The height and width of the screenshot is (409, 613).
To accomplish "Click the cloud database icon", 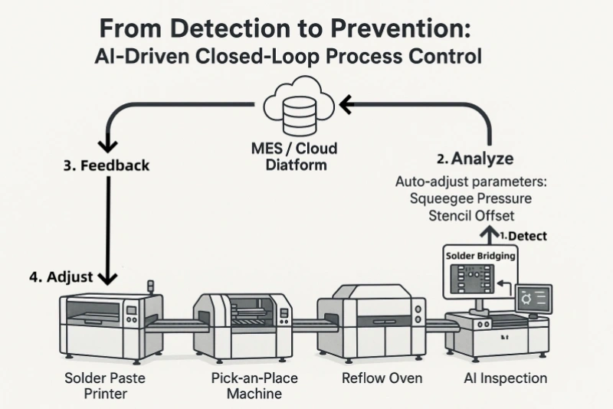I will (x=299, y=106).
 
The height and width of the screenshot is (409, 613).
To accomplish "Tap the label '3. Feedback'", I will (x=107, y=165).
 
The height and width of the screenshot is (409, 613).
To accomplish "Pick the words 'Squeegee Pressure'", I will (x=470, y=198).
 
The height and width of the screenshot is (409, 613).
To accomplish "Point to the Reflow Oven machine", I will (x=377, y=321).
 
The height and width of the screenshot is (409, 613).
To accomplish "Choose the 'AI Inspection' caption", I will (x=505, y=378).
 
